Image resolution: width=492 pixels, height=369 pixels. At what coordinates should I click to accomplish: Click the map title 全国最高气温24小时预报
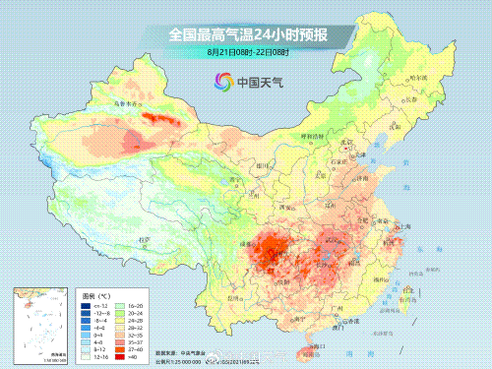pos(246,34)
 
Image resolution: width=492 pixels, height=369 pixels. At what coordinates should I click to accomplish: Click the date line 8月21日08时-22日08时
pos(246,51)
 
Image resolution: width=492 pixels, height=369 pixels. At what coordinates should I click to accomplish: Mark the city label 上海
pos(411,225)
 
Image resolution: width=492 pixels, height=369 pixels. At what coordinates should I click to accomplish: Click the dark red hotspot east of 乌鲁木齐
pos(157,122)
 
